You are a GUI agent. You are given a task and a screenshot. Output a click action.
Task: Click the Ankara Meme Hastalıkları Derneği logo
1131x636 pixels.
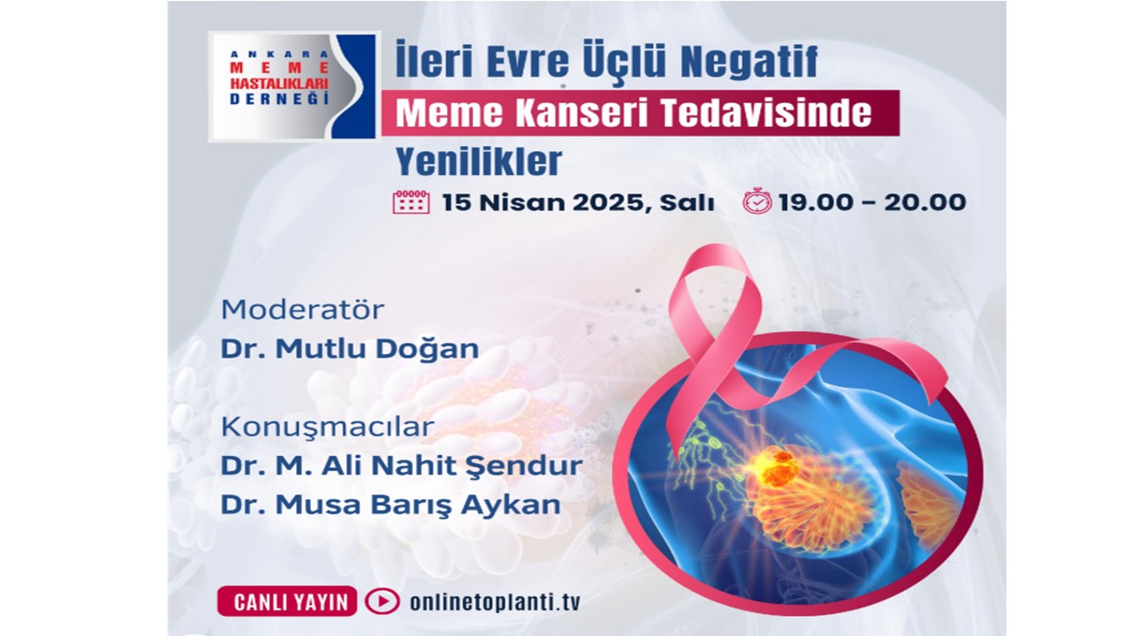point(292,87)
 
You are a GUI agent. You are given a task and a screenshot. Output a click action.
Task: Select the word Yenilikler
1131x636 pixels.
point(479,162)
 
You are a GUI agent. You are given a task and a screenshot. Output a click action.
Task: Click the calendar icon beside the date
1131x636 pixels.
point(411,202)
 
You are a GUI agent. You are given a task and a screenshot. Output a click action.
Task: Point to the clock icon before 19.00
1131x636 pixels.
point(757,201)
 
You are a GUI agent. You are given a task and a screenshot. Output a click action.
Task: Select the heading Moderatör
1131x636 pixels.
point(302,309)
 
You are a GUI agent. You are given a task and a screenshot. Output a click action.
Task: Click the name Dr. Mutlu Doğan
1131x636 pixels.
point(350,348)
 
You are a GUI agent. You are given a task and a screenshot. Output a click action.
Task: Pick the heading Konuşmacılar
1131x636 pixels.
point(328,427)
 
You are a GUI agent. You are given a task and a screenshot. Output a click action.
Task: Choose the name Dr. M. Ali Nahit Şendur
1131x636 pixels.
point(402,466)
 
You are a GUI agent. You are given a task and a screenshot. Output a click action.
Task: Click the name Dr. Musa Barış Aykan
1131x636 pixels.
point(391,504)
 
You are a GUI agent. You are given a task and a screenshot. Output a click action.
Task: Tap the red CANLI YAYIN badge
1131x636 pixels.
point(287,602)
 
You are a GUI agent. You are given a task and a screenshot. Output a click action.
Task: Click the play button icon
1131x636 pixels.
point(383,602)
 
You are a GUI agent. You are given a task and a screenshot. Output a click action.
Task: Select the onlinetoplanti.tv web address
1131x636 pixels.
point(495,602)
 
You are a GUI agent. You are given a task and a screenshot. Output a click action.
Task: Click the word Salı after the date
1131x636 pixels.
point(687,202)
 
